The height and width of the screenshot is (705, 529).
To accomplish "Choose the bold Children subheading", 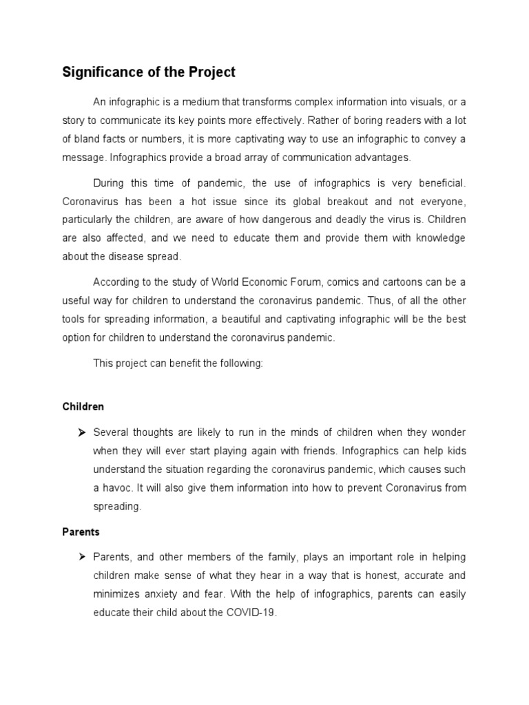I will tap(83, 407).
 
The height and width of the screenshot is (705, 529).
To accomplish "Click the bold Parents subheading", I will tap(81, 532).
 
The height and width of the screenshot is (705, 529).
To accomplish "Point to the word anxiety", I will tap(156, 593).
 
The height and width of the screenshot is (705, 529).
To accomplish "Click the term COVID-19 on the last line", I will tap(253, 612).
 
